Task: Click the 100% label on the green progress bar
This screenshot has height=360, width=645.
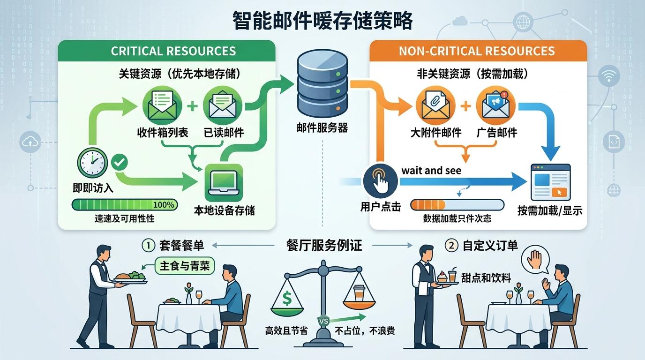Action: point(164,205)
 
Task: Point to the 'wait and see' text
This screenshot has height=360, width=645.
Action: point(431,171)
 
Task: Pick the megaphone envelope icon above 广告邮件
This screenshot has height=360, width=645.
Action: point(495,105)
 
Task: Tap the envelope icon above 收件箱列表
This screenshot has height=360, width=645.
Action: point(162,105)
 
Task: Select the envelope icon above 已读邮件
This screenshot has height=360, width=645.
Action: point(223,105)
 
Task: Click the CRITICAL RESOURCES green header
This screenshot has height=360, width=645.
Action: point(173,51)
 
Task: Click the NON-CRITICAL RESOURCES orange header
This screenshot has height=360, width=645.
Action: point(477,51)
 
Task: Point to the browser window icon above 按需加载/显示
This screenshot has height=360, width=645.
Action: point(550,182)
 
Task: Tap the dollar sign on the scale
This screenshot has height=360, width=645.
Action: point(287,298)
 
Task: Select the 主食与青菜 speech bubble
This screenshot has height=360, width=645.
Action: point(184,266)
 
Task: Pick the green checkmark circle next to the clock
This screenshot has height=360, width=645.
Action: point(120,163)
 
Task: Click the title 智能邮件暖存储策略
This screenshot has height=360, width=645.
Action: point(322,21)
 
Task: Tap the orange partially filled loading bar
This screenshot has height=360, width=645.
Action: point(457,205)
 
